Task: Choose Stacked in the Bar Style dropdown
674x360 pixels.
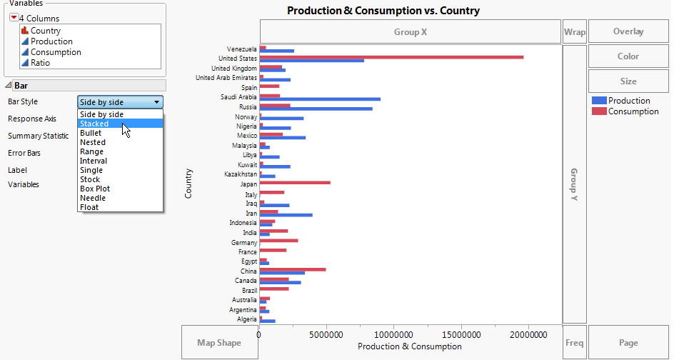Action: (x=94, y=124)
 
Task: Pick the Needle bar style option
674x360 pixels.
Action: (x=93, y=198)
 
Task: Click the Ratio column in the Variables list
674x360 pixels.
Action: (x=40, y=63)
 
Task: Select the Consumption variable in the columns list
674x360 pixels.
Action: (x=56, y=52)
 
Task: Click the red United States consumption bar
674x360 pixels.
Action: (x=391, y=56)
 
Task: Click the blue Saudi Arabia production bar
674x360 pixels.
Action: (x=320, y=99)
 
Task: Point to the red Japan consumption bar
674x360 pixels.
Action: (x=295, y=182)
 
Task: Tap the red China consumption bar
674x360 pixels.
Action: (x=293, y=269)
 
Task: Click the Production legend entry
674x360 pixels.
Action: (x=629, y=101)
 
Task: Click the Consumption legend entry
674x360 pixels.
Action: (x=633, y=111)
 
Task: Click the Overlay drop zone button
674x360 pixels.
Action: (x=628, y=31)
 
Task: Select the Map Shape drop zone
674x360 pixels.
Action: (x=219, y=343)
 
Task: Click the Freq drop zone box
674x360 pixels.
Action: (x=574, y=343)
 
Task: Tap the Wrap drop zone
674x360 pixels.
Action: (x=574, y=31)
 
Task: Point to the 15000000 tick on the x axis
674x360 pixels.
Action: (x=462, y=334)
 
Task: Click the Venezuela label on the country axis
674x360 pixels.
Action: (x=237, y=49)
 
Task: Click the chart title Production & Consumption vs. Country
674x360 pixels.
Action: (x=383, y=11)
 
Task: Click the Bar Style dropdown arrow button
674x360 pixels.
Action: (x=156, y=102)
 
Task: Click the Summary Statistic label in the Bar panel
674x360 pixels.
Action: (x=39, y=136)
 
